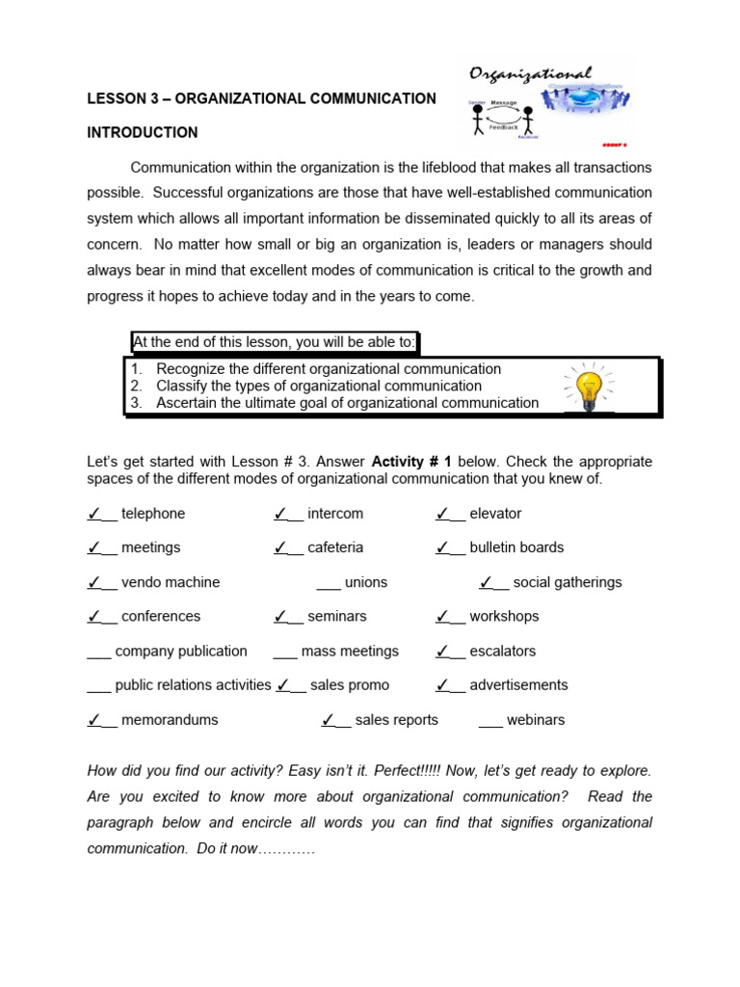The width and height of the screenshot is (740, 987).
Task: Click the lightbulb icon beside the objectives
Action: tap(588, 387)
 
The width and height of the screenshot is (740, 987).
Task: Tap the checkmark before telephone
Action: tap(94, 514)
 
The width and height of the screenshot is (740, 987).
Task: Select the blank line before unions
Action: tap(328, 583)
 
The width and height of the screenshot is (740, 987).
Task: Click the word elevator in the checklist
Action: tap(495, 514)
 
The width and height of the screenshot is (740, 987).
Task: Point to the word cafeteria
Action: tap(335, 547)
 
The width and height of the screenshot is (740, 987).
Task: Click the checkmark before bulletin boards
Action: tap(443, 547)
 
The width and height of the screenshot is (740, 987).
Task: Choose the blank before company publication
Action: tap(98, 653)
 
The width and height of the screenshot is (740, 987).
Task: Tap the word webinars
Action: tap(536, 720)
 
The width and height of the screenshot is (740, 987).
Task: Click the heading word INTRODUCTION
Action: tap(143, 133)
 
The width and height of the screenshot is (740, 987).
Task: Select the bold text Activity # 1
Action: tap(411, 462)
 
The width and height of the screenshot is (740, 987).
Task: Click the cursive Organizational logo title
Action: tap(530, 74)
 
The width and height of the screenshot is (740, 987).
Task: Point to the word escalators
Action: tap(502, 652)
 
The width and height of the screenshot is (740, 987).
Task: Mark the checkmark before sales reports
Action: tap(329, 719)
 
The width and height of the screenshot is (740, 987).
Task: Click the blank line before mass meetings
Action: tap(285, 653)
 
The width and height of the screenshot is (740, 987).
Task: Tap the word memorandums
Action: tap(170, 720)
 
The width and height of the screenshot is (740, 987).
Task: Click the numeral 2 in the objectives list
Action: tap(136, 387)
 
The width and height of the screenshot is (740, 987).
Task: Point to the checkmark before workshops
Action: tap(443, 616)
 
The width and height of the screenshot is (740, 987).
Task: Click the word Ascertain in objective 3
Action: tap(188, 403)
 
